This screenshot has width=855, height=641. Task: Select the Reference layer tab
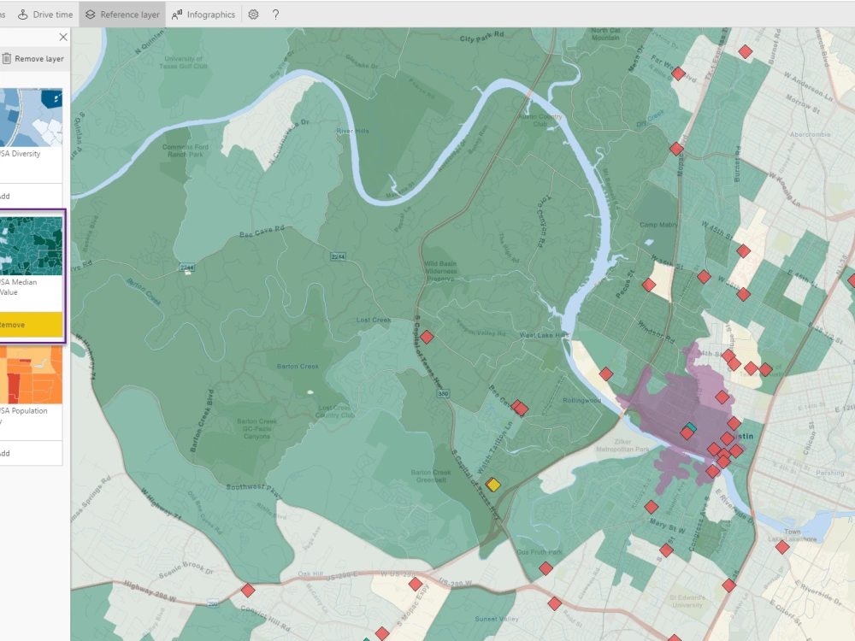click(x=122, y=15)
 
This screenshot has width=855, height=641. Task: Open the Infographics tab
click(x=203, y=15)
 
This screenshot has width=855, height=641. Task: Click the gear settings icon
click(x=253, y=15)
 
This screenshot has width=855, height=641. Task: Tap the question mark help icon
click(x=275, y=15)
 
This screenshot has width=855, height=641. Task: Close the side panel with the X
click(x=62, y=37)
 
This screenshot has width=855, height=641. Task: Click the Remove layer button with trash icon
click(x=32, y=59)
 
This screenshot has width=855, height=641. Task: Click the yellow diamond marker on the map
click(x=492, y=485)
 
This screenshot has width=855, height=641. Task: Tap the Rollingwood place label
click(x=581, y=400)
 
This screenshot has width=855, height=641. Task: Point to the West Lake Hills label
click(x=543, y=335)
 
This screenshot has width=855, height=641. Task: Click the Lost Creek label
click(x=374, y=320)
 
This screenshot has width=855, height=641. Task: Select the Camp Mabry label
click(x=658, y=225)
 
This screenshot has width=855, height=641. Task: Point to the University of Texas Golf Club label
click(x=184, y=61)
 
